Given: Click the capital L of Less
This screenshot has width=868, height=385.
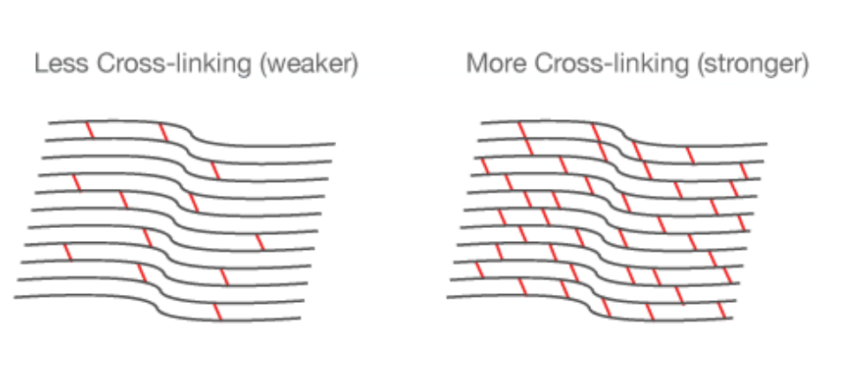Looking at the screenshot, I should [39, 65].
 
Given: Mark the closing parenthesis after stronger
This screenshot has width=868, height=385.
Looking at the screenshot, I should [804, 65].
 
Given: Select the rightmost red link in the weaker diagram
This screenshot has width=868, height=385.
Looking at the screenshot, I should [258, 242].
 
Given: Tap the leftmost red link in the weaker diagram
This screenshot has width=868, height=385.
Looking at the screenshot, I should [68, 253].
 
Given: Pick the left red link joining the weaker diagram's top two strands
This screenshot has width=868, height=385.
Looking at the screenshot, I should [89, 130].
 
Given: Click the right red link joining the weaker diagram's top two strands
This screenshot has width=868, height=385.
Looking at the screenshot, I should [162, 132].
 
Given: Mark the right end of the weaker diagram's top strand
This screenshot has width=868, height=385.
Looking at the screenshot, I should [334, 143].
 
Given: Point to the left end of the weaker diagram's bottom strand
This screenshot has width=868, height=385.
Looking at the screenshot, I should [15, 298].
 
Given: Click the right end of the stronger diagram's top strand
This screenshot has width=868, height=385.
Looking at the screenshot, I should [766, 143].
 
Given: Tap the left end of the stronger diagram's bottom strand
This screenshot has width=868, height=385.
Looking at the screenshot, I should [448, 298].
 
